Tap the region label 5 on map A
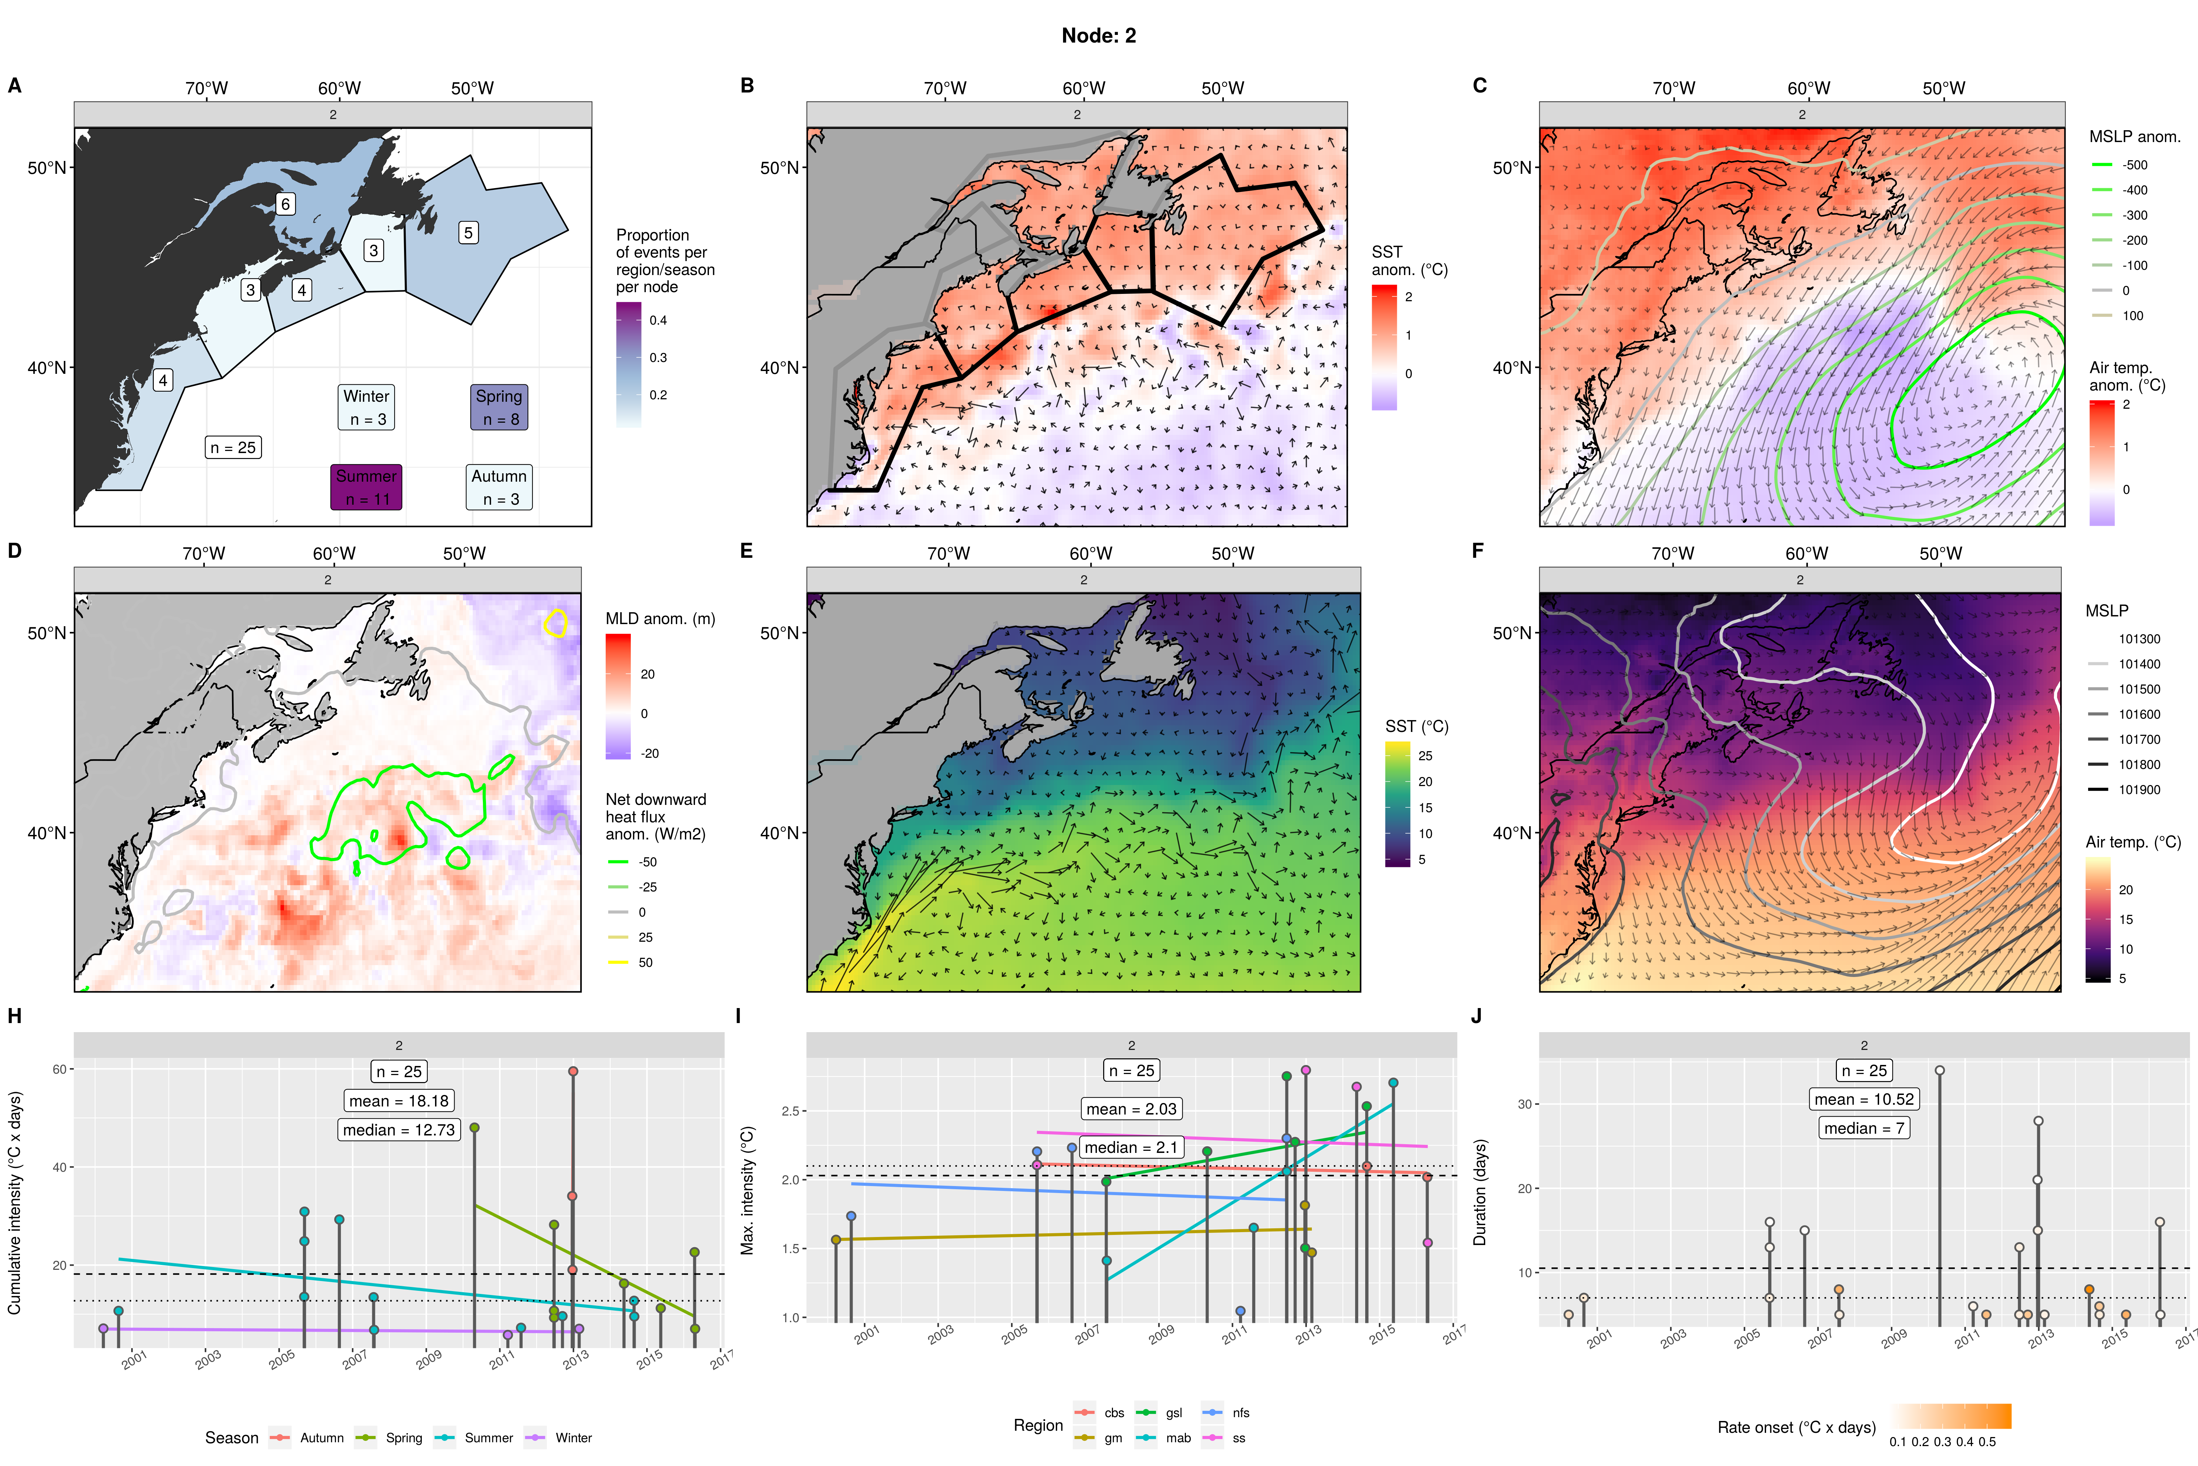coord(468,233)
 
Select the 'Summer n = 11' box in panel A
coord(366,487)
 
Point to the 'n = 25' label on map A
coord(233,448)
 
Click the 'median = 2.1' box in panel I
coord(1131,1147)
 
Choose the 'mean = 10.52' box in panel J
coord(1863,1099)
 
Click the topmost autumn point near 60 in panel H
coord(573,1072)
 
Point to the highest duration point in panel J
coord(1940,1071)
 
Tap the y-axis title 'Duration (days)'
coord(1479,1192)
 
